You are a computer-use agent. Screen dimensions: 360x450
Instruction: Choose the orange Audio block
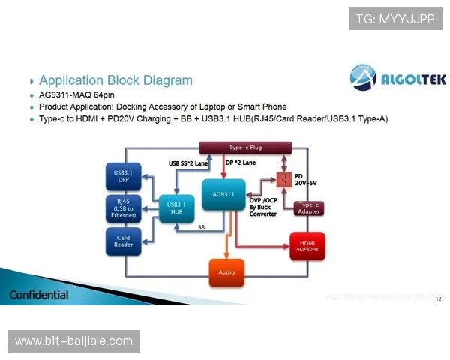tap(226, 271)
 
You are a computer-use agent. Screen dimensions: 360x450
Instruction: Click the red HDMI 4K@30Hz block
tap(307, 244)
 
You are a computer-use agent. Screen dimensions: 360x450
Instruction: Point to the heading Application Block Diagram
tap(115, 80)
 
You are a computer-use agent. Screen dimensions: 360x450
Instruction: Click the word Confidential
tap(39, 295)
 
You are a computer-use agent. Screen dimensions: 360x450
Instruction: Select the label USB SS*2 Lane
tap(193, 163)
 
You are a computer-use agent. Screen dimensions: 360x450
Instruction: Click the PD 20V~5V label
tap(307, 180)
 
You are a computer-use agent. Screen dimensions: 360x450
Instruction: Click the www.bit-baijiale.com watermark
tap(74, 341)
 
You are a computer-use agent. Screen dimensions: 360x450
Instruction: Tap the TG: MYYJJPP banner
tap(395, 19)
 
